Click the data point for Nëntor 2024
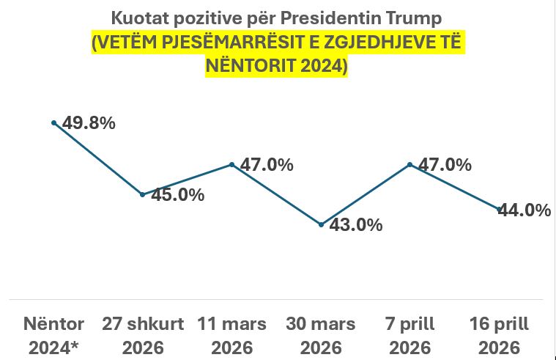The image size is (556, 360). pos(53,122)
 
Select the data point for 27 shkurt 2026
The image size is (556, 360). pos(143,194)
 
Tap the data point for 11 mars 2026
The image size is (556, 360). pos(232,164)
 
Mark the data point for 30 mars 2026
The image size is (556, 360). pos(321,224)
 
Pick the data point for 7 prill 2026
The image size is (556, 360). pos(410,164)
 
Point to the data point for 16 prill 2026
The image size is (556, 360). pos(500,210)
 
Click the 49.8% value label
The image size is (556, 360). pos(89,123)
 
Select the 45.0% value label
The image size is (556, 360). pos(177,195)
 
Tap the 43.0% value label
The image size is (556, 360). pos(356,225)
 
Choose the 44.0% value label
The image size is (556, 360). pos(525,210)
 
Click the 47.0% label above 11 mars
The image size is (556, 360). pos(267,165)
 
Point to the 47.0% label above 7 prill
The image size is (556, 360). pos(445,165)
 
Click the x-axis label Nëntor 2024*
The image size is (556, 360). pos(54,335)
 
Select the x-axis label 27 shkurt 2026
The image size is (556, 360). pos(143,335)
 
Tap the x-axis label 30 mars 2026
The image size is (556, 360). pos(321,335)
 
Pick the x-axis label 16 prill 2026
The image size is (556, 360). pos(500,335)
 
